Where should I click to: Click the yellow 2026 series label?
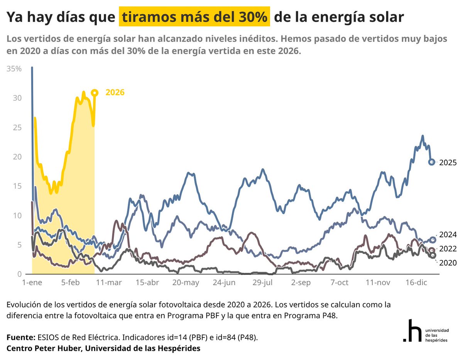click(x=115, y=92)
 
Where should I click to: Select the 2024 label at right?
click(x=448, y=235)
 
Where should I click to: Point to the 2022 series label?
click(x=448, y=249)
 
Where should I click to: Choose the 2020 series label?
click(x=448, y=263)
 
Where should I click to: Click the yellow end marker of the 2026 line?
click(x=95, y=93)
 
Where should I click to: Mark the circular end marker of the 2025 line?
click(x=432, y=162)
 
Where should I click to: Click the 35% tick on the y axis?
click(x=14, y=69)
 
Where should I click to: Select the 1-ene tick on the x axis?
click(x=32, y=282)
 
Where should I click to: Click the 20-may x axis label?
click(x=186, y=282)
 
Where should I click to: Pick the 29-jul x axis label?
click(x=263, y=282)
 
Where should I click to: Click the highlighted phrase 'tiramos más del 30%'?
click(x=194, y=17)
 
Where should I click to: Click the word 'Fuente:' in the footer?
click(x=21, y=337)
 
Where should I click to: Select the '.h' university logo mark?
click(x=411, y=331)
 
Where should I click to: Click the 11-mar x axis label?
click(x=109, y=282)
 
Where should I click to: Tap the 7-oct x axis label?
click(x=340, y=282)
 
